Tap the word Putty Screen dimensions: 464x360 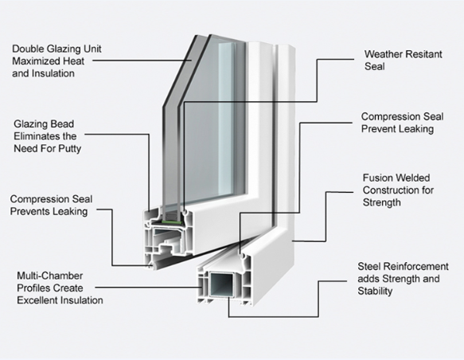pos(69,149)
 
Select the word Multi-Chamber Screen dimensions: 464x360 pos(49,276)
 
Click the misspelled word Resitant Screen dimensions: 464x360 pos(423,54)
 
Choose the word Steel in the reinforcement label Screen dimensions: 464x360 pos(368,267)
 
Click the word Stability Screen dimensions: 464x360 pos(375,291)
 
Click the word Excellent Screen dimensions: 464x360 pos(36,300)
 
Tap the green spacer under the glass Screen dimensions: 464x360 pos(172,221)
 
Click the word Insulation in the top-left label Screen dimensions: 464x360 pos(54,73)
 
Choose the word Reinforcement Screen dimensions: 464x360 pos(415,267)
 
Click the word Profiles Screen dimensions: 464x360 pos(35,288)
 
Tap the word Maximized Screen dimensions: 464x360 pos(32,61)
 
